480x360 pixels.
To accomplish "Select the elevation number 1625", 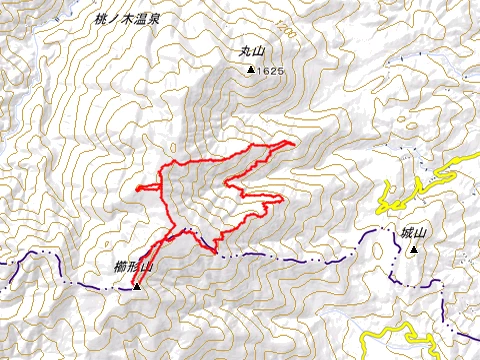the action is pyautogui.click(x=272, y=72).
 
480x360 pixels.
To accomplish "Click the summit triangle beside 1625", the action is pyautogui.click(x=249, y=71).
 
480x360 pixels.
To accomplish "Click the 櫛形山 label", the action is pyautogui.click(x=133, y=267).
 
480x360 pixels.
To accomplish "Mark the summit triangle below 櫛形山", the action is pyautogui.click(x=137, y=286).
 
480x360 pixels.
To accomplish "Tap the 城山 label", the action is pyautogui.click(x=412, y=233).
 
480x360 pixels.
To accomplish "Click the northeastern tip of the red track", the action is pyautogui.click(x=295, y=143).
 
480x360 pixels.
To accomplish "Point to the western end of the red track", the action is pyautogui.click(x=137, y=188).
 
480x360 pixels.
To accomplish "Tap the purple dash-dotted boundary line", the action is pyautogui.click(x=300, y=258).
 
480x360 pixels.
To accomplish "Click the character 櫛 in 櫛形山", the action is pyautogui.click(x=120, y=267).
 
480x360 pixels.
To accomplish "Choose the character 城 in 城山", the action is pyautogui.click(x=406, y=233).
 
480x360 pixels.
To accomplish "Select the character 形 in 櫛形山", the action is pyautogui.click(x=133, y=267).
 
